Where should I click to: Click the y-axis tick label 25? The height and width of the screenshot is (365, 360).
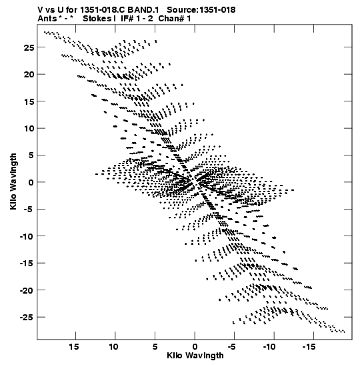(x=29, y=48)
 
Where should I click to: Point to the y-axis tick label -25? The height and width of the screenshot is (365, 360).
(x=27, y=318)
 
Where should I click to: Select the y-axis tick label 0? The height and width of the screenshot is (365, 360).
(x=31, y=183)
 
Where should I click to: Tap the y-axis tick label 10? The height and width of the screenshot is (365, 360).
(x=29, y=129)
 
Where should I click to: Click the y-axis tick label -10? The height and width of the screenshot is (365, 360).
(x=27, y=236)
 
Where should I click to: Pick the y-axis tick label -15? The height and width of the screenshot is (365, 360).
(x=27, y=264)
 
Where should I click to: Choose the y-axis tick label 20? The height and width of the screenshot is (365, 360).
(x=29, y=75)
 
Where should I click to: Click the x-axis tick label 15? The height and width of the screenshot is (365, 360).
(x=74, y=347)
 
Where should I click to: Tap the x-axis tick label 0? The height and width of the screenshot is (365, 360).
(x=195, y=347)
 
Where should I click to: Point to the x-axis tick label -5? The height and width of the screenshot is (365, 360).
(x=233, y=347)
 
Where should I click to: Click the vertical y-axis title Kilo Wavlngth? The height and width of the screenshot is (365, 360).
(x=13, y=182)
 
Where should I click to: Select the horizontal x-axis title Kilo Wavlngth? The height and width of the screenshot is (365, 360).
(x=195, y=356)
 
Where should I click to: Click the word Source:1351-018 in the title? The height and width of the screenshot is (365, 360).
(x=201, y=10)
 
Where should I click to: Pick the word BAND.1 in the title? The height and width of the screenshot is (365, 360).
(x=143, y=10)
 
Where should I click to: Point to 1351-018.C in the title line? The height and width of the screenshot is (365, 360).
(x=103, y=10)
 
